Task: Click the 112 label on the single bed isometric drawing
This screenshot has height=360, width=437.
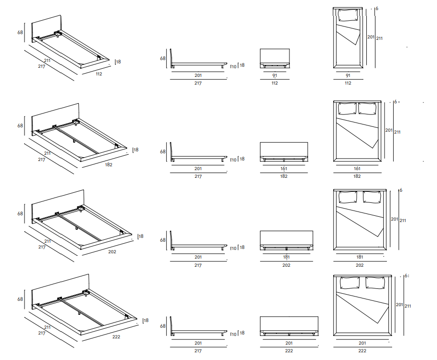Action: (x=99, y=74)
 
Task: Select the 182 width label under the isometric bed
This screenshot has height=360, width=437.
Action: (x=108, y=164)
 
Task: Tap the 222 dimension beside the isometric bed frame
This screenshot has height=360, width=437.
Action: (x=116, y=336)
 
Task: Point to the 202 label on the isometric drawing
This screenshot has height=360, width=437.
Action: (x=112, y=251)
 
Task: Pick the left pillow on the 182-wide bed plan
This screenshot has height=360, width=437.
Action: (x=347, y=109)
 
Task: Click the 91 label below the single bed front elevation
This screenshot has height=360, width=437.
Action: (x=275, y=75)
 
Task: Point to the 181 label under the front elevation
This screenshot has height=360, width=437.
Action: (x=286, y=257)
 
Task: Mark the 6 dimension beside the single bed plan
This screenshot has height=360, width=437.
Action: (x=377, y=9)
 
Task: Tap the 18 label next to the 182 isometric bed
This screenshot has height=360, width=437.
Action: (x=136, y=150)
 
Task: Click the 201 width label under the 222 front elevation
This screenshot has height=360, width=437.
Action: (x=288, y=343)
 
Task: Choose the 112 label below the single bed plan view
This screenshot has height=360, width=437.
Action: (x=348, y=83)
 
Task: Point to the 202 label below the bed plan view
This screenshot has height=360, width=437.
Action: (x=360, y=265)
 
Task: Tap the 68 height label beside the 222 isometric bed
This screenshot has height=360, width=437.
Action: (x=20, y=299)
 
